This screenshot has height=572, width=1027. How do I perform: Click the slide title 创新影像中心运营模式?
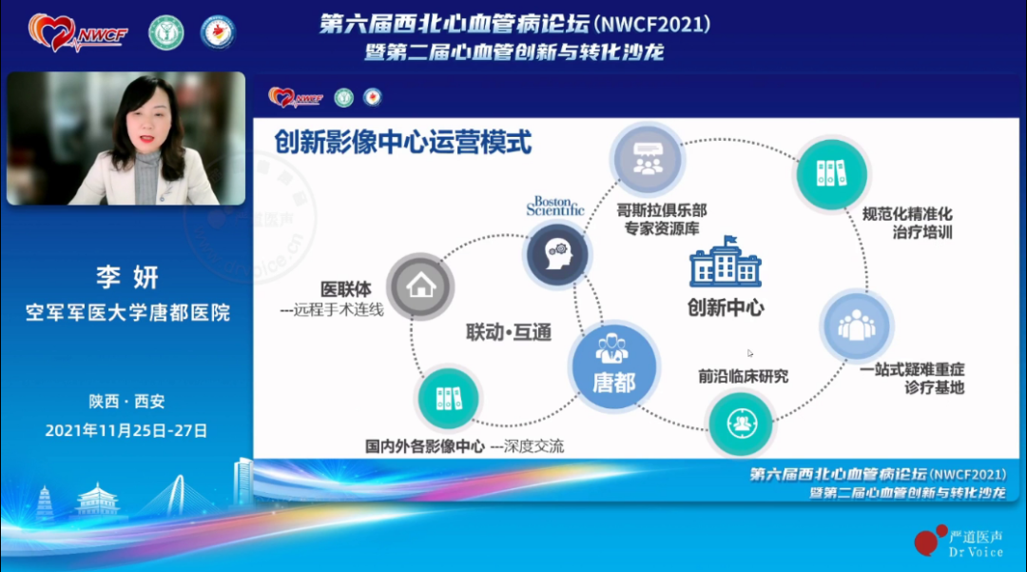402,143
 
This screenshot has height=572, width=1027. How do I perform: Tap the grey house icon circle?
420,286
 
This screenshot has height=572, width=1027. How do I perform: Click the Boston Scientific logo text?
554,207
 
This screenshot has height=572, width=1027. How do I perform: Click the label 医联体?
348,287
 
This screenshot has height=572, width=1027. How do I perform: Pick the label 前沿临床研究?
743,376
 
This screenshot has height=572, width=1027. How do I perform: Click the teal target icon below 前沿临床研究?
741,422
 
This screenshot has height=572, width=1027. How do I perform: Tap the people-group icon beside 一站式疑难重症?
856,324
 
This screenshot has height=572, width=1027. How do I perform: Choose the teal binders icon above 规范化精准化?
830,172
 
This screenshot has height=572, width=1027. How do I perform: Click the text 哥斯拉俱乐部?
662,209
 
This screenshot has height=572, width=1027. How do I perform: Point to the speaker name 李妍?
126,278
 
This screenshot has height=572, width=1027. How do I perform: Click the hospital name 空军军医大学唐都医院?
127,312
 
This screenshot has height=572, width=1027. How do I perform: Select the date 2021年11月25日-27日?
126,430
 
